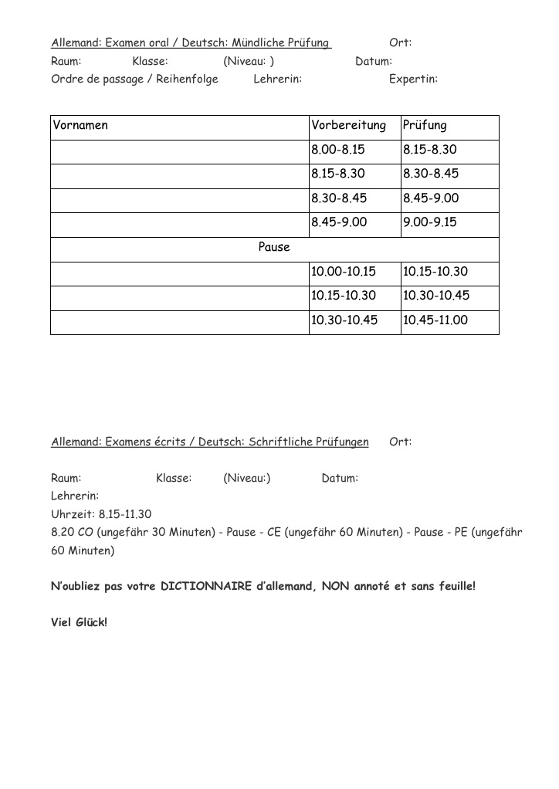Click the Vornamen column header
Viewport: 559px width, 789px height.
click(x=81, y=125)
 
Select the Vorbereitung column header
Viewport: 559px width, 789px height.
click(x=348, y=125)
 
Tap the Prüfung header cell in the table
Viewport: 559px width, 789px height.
click(x=425, y=125)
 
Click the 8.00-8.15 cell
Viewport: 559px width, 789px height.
click(x=338, y=150)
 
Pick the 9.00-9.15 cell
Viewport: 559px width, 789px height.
click(x=430, y=222)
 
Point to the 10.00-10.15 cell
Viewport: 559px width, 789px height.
click(x=344, y=271)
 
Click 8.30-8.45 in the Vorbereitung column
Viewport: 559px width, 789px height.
click(x=339, y=198)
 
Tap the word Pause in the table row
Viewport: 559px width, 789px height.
click(x=274, y=247)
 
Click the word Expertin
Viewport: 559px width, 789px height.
click(x=413, y=79)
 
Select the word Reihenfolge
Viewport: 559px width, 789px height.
click(x=188, y=79)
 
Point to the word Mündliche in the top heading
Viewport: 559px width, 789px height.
click(x=257, y=42)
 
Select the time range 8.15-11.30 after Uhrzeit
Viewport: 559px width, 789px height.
click(x=125, y=513)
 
